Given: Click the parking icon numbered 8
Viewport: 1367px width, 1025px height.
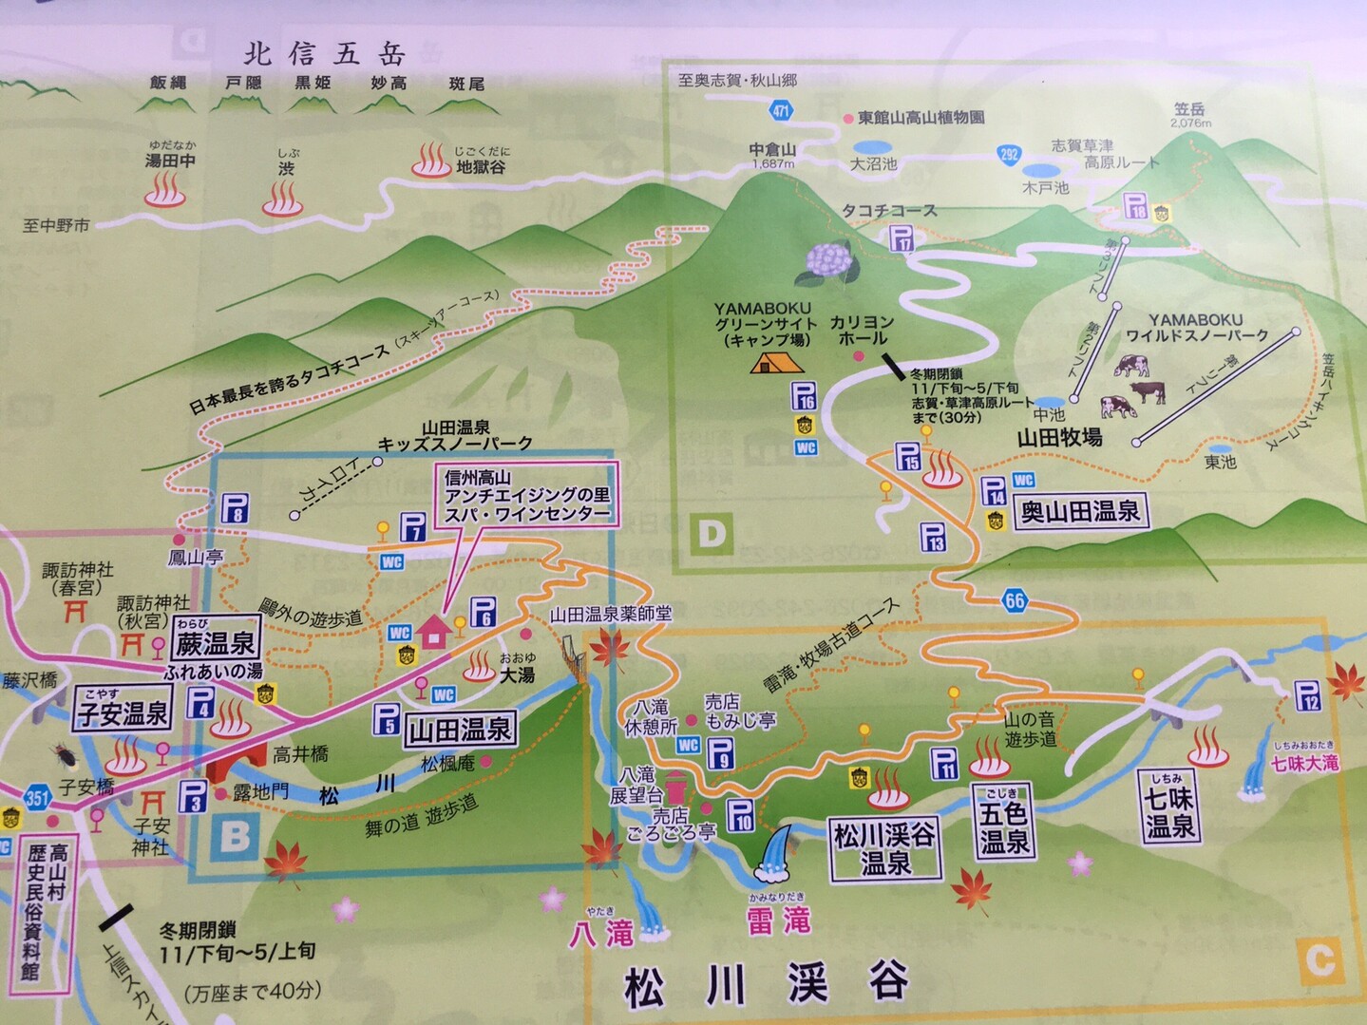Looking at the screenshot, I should coord(236,508).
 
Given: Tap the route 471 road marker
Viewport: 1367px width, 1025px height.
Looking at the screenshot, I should coord(781,110).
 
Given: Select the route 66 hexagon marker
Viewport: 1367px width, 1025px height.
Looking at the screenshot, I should coord(1015,599).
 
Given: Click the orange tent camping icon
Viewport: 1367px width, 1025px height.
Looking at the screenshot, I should coord(776,362).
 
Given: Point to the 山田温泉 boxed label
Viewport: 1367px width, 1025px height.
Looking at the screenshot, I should coord(460,730).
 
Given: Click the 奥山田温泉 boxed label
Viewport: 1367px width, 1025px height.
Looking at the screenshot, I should coord(1080,511).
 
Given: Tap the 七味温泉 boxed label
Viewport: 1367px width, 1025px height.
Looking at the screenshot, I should coord(1169,807).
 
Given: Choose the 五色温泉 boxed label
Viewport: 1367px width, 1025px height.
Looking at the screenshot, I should coord(1003,822).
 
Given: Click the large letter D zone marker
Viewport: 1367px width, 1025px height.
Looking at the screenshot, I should coord(712,535).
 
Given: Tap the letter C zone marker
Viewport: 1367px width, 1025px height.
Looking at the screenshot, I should coord(1320,960).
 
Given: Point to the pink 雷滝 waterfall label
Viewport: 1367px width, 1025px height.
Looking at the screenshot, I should coord(779,919).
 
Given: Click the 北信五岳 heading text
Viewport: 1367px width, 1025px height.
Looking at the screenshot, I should coord(324,53).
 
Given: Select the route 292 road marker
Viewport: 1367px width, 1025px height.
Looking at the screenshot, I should coord(1009,154).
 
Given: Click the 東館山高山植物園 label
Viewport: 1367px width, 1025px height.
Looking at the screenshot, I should coord(920,118).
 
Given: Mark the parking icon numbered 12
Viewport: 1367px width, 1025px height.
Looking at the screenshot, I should coord(1307,696).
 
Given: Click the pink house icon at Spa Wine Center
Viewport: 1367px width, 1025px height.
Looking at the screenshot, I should coord(433,631).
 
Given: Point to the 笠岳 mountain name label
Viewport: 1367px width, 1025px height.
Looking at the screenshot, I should coord(1189,110).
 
